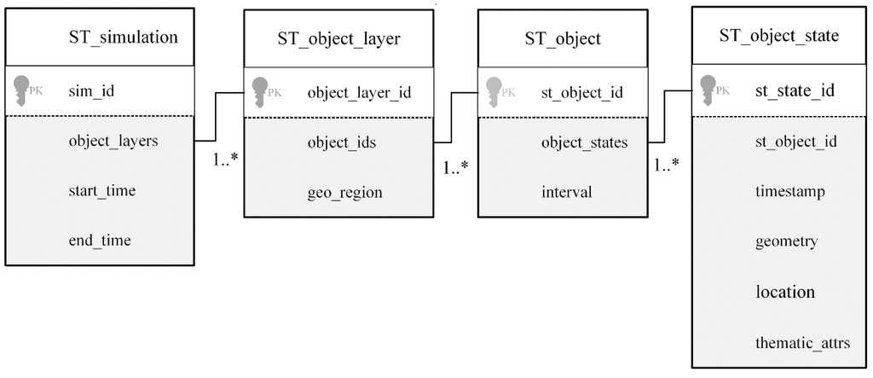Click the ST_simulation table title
tap(123, 37)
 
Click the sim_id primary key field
tap(90, 91)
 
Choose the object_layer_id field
tap(359, 92)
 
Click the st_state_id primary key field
tap(795, 90)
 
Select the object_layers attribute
tap(113, 142)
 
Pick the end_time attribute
tap(100, 241)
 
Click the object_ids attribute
tap(341, 142)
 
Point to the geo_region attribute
tap(344, 192)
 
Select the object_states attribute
tap(584, 142)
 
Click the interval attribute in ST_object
tap(566, 192)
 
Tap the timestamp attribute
tap(789, 192)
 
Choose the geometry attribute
tap(786, 241)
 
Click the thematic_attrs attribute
tap(802, 343)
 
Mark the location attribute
tap(785, 292)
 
